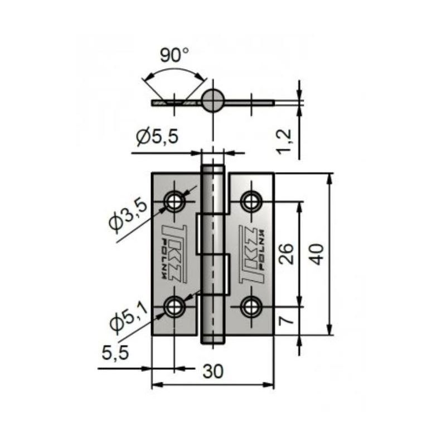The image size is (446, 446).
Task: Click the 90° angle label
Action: [x=174, y=55]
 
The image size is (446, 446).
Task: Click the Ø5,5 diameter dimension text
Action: [x=157, y=136]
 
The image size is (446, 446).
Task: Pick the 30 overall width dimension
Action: [x=213, y=372]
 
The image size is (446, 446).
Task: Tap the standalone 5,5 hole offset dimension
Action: [x=115, y=352]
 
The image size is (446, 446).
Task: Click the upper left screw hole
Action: [x=175, y=201]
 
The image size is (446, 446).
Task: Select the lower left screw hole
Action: [x=175, y=306]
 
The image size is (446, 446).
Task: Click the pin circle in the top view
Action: [x=213, y=101]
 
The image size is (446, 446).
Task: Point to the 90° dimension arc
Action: [x=174, y=70]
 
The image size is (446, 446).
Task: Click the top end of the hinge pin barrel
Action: [x=213, y=169]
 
